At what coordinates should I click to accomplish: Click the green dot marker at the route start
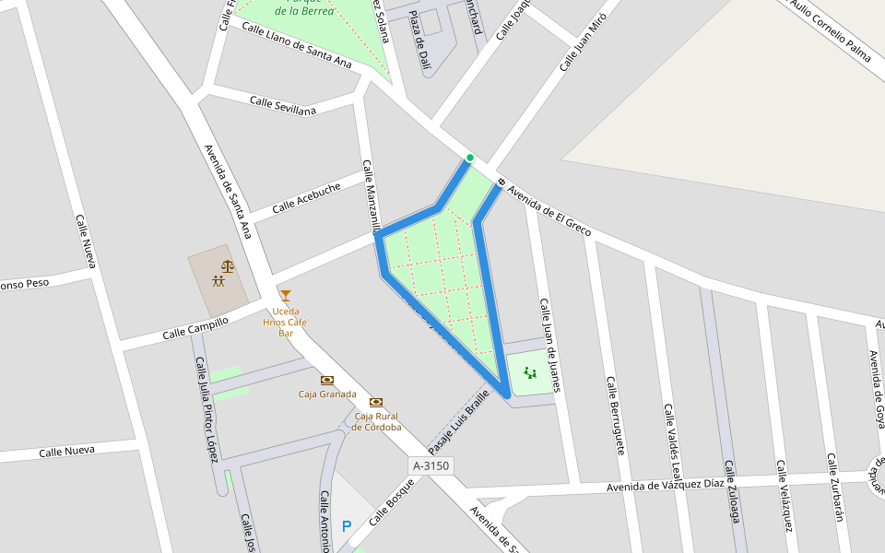click(x=469, y=158)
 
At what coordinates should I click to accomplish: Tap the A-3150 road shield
click(x=431, y=466)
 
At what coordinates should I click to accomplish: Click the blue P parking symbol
click(x=347, y=527)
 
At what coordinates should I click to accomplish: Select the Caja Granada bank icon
click(x=327, y=380)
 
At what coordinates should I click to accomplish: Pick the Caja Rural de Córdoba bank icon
click(x=376, y=402)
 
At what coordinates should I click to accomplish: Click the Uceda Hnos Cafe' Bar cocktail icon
click(x=286, y=296)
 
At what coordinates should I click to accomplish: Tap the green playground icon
click(x=529, y=372)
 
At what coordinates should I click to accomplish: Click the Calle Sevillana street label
click(x=283, y=106)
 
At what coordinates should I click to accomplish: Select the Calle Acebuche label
click(x=306, y=198)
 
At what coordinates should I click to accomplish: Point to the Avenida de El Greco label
click(x=549, y=204)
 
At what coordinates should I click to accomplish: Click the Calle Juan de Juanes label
click(x=550, y=345)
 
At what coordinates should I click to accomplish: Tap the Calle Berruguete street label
click(x=616, y=415)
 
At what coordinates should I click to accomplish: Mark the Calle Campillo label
click(x=195, y=328)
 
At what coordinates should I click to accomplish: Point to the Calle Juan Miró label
click(x=584, y=43)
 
